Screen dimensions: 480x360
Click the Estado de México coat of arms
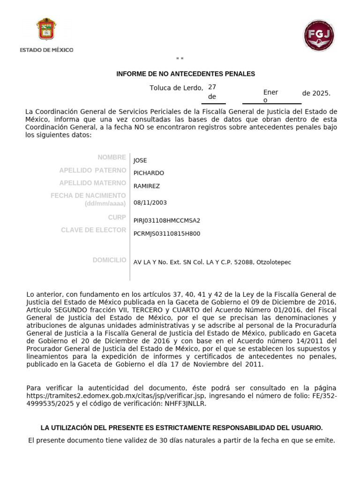tap(46, 29)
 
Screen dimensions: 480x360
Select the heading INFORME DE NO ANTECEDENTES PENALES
tap(186, 74)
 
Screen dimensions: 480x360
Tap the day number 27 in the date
tap(212, 87)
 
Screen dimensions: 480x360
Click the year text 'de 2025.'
tap(316, 93)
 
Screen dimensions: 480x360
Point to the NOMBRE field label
tap(112, 157)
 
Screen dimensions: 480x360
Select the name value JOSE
tap(140, 160)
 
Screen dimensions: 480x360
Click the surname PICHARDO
tap(149, 173)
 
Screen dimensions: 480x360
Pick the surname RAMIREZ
tap(147, 186)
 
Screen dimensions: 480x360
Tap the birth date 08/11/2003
tap(150, 203)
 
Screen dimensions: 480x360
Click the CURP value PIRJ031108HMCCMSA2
tap(167, 220)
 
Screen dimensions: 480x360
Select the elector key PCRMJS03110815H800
tap(167, 233)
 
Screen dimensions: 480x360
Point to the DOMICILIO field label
tap(109, 260)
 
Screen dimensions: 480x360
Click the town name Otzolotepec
tap(274, 262)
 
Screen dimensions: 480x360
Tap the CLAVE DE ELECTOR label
tap(93, 230)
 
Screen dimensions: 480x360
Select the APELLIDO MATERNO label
tap(92, 183)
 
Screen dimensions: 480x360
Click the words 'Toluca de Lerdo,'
tap(176, 88)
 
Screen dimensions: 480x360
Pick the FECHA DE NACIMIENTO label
tap(88, 195)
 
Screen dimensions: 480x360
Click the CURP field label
tap(117, 217)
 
